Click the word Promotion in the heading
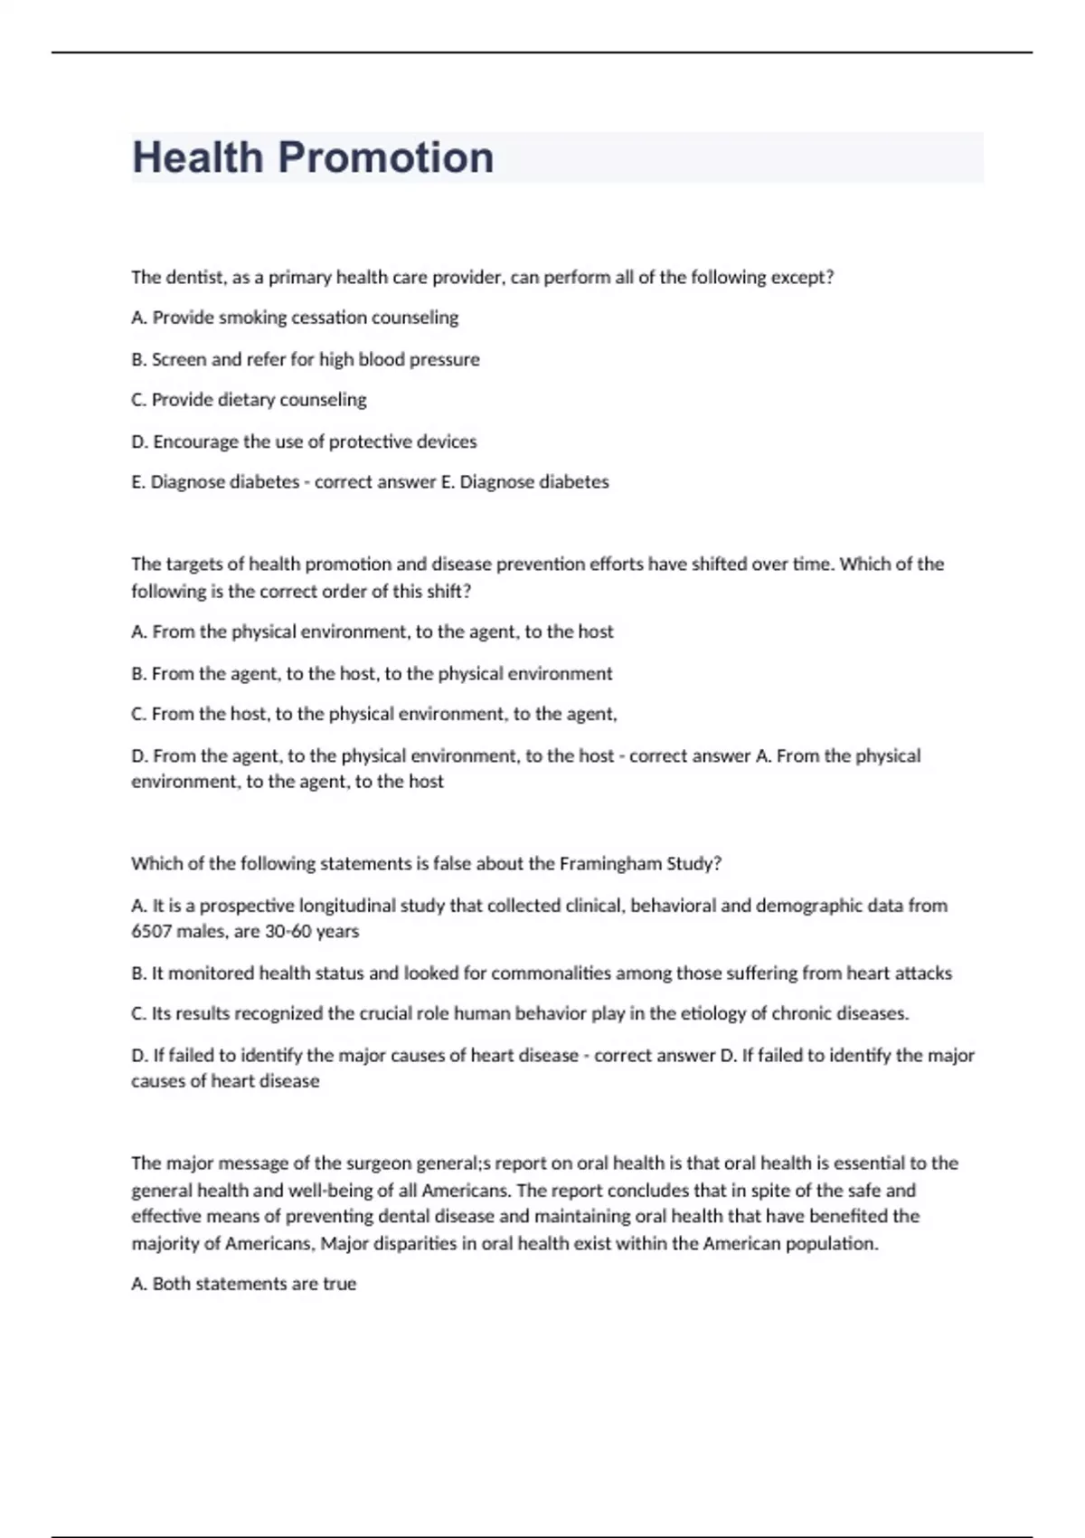[x=386, y=157]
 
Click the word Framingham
[x=610, y=864]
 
